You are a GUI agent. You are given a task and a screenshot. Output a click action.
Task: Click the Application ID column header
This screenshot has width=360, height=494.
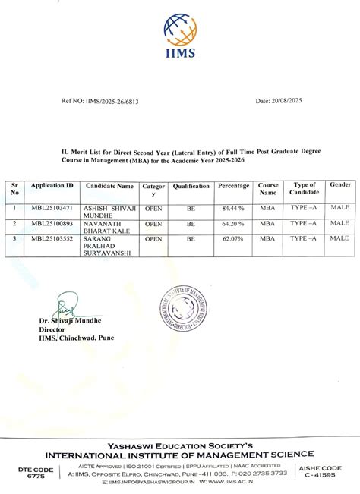click(52, 186)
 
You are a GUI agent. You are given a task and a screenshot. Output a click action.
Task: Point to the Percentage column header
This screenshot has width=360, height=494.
click(233, 186)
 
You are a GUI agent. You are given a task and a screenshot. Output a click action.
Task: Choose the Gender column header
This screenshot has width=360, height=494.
click(339, 186)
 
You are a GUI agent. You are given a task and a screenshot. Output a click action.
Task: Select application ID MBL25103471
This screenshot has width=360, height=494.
click(52, 207)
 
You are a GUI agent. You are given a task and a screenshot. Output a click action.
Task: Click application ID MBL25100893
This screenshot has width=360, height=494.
click(52, 224)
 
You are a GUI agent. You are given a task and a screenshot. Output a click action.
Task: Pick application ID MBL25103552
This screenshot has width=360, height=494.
click(52, 238)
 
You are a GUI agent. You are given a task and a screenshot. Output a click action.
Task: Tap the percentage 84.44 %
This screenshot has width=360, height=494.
click(233, 207)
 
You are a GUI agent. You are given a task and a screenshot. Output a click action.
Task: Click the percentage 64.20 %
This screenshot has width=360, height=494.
click(233, 224)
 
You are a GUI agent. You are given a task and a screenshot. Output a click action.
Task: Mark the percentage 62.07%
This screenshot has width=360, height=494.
click(233, 238)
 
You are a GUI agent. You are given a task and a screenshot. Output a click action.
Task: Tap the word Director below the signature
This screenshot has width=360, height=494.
click(52, 329)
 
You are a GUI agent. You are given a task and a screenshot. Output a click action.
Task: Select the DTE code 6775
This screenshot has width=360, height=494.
click(36, 476)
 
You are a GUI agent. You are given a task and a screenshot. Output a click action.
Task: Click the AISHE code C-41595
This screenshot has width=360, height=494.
click(326, 475)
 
